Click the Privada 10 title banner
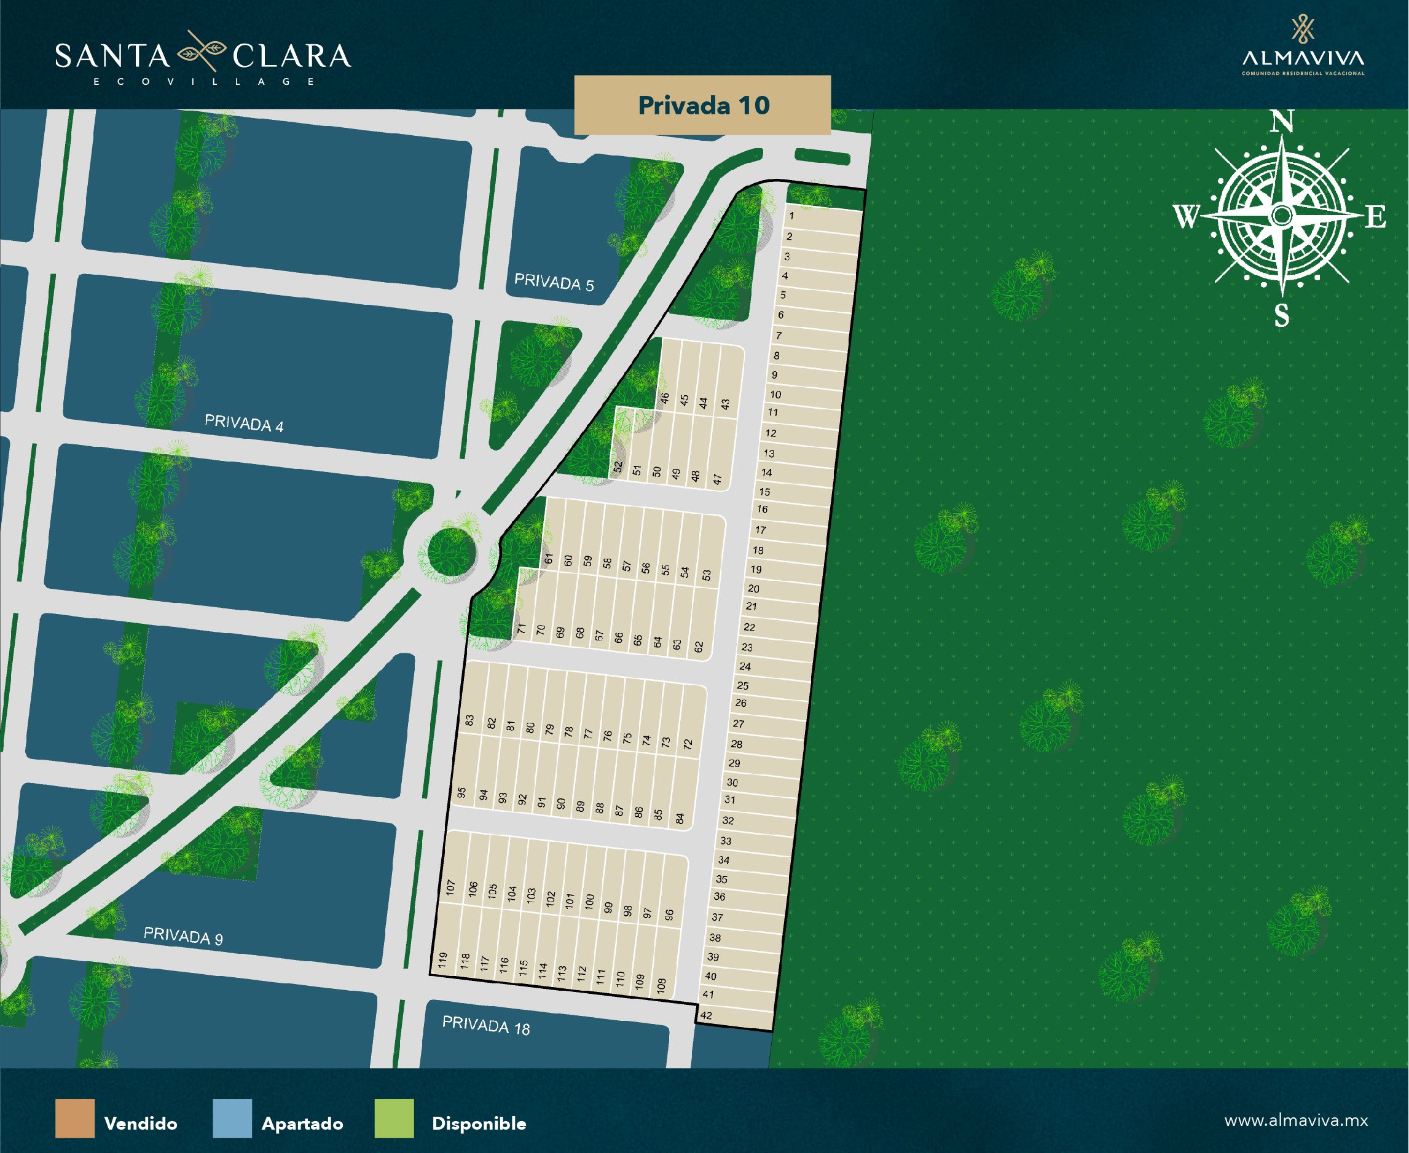click(x=702, y=106)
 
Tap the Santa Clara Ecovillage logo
click(x=203, y=58)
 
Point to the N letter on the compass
click(x=1282, y=123)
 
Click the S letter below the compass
click(x=1282, y=316)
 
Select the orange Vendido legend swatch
click(x=74, y=1119)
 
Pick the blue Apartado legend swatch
click(x=232, y=1119)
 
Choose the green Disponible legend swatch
click(x=394, y=1119)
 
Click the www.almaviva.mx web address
click(x=1295, y=1120)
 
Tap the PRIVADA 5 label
click(x=554, y=283)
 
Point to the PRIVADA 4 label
click(x=244, y=423)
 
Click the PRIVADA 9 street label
click(x=183, y=936)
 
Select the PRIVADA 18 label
click(x=486, y=1026)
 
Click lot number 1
click(x=792, y=216)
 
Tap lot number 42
click(x=706, y=1015)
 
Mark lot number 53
click(x=706, y=575)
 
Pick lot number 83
click(x=469, y=720)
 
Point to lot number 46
click(x=665, y=398)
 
